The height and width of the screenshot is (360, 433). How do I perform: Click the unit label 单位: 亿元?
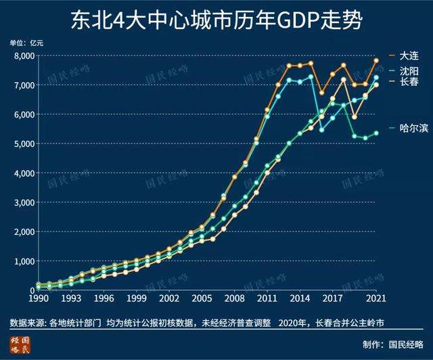[x=27, y=43]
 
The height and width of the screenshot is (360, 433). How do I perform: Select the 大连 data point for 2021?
[x=376, y=61]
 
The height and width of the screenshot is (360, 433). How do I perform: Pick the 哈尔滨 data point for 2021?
[x=376, y=133]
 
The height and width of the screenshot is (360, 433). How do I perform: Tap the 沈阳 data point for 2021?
[x=376, y=77]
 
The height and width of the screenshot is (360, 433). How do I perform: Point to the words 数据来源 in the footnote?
[x=26, y=321]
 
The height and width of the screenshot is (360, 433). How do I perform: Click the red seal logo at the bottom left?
[x=20, y=343]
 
